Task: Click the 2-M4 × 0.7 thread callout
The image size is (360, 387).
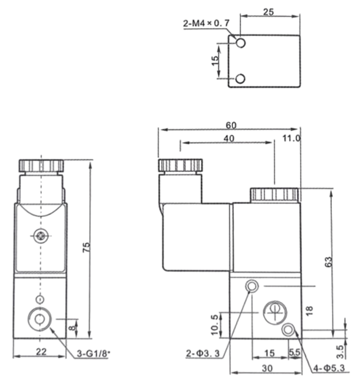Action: click(206, 23)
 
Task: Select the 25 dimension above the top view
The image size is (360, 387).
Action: click(268, 12)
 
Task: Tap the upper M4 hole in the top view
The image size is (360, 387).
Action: click(240, 43)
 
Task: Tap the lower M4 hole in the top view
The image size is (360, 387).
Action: click(240, 78)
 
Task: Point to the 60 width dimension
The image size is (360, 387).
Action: click(231, 125)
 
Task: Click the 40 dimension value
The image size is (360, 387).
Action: click(229, 138)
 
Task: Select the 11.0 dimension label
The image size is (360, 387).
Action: click(291, 138)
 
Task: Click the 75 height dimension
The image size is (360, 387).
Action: click(86, 247)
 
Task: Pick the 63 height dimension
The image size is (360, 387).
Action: click(328, 262)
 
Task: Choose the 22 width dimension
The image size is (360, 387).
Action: click(41, 352)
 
